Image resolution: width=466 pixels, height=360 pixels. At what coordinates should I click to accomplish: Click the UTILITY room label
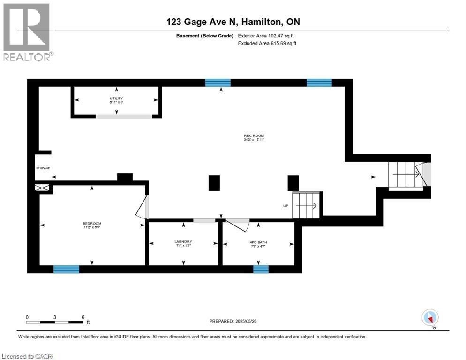click(116, 99)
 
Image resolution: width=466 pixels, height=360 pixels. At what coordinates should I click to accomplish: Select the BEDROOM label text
click(92, 225)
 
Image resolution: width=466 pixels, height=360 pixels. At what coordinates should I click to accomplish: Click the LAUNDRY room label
click(183, 243)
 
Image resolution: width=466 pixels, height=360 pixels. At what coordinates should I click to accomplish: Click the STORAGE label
click(43, 168)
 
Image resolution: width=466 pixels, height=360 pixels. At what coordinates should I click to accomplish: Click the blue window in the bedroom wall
click(66, 269)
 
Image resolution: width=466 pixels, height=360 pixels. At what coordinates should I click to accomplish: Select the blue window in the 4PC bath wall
click(261, 269)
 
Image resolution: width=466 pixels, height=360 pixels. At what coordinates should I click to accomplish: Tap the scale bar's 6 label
click(83, 317)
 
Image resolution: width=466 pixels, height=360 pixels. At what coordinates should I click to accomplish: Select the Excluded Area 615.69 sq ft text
click(268, 43)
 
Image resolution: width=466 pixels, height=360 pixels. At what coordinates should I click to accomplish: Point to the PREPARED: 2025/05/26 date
click(233, 321)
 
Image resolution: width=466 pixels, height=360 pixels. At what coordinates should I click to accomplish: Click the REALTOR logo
click(27, 31)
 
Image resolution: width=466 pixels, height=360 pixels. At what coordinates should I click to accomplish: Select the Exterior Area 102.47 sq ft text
click(266, 36)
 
